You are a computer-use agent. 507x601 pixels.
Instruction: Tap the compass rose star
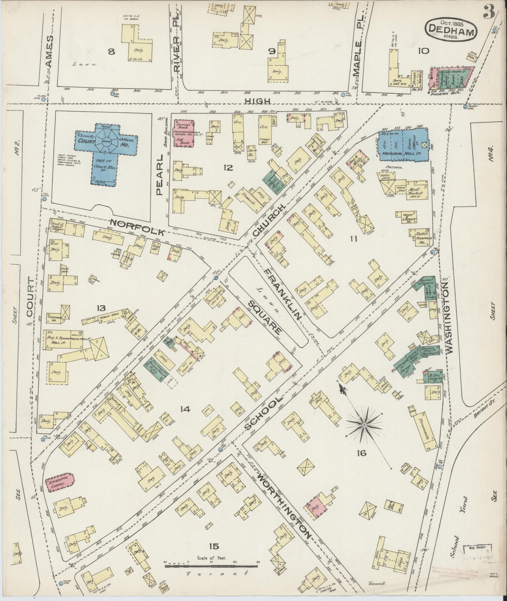364,425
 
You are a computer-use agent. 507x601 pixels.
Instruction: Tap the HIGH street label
258,101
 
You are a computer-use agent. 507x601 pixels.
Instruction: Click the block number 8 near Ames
111,52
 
